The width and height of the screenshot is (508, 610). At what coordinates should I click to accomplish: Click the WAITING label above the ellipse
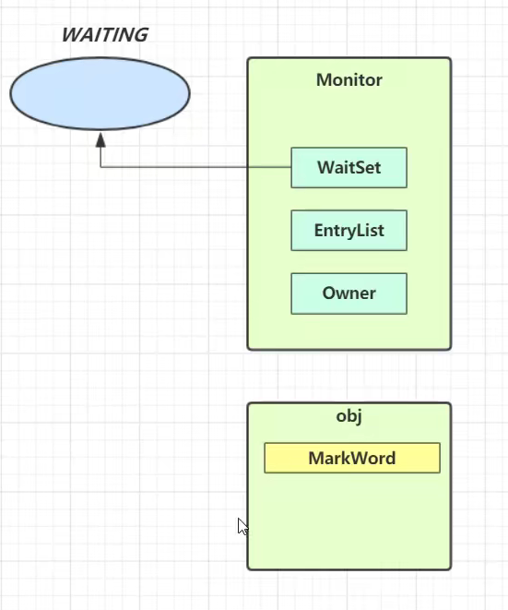coord(105,35)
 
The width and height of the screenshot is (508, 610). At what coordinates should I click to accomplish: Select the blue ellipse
coord(100,93)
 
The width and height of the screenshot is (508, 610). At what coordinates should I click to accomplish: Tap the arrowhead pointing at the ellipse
coord(100,140)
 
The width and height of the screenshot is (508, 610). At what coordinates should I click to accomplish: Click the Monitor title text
coord(349,80)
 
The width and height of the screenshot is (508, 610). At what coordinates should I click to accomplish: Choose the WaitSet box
coord(349,168)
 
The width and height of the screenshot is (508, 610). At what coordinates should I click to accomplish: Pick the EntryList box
coord(349,231)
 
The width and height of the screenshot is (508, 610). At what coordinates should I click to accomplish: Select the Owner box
coord(349,293)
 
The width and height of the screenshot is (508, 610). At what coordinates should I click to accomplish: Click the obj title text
coord(349,416)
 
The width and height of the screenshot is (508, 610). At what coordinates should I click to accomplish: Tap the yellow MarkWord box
coord(352,458)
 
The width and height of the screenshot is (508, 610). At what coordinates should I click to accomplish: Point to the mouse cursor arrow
coord(242,526)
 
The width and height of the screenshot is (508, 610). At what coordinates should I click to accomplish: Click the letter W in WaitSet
coord(326,168)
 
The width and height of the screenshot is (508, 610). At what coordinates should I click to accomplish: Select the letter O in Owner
coord(329,293)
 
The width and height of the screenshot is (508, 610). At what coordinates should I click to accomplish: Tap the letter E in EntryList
coord(319,231)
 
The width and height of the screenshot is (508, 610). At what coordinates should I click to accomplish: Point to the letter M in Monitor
coord(325,80)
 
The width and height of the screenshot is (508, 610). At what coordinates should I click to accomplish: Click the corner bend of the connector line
coord(100,167)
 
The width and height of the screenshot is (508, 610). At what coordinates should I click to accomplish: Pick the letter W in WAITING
coord(73,35)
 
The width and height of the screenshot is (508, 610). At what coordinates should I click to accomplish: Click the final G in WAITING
coord(141,35)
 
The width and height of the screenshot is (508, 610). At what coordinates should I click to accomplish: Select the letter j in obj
coord(359,418)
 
